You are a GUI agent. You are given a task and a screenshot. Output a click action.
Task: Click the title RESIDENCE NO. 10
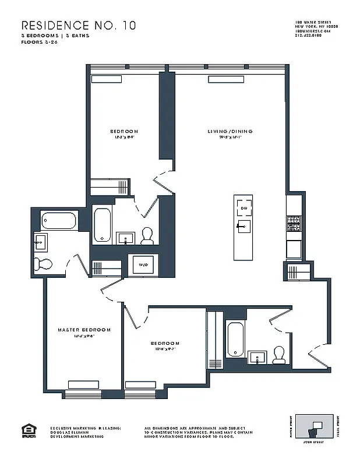(71, 26)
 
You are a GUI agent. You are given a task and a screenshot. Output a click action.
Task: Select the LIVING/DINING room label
(230, 132)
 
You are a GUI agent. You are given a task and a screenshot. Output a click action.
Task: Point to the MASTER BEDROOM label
(84, 330)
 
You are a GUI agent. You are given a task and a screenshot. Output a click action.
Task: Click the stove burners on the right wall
(294, 221)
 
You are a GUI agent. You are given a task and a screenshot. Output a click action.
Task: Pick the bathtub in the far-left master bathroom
(58, 221)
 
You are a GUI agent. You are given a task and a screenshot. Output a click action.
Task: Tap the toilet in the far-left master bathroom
(43, 264)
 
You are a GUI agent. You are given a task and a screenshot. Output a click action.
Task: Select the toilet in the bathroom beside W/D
(147, 235)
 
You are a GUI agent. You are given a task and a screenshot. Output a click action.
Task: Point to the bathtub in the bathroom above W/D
(103, 225)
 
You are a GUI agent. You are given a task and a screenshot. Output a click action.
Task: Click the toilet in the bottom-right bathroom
(279, 354)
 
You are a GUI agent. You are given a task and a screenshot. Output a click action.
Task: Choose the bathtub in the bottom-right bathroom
(235, 338)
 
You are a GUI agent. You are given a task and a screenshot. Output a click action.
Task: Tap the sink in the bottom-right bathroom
(257, 356)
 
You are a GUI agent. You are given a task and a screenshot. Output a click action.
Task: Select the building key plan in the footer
(315, 429)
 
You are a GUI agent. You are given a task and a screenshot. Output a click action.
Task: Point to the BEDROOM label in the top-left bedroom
(124, 132)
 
